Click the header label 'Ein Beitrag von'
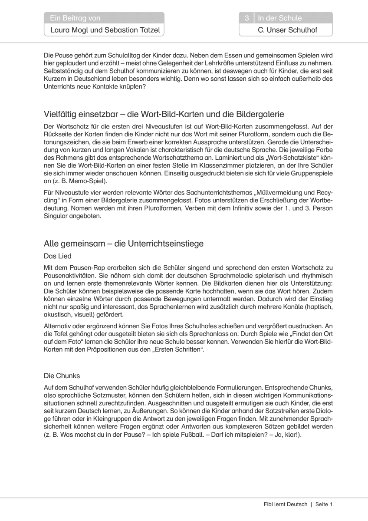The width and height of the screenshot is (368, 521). coord(75,18)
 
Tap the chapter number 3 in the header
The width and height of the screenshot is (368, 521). coord(246,18)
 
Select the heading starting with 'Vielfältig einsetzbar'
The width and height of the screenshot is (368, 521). coord(164,114)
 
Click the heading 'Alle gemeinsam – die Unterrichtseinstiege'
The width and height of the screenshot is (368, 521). coord(124,244)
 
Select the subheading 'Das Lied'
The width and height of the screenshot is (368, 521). coord(58,256)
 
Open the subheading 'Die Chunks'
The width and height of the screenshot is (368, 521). coord(62,375)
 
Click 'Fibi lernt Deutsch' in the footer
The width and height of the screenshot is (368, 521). coord(285,504)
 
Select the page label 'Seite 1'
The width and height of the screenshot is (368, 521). coord(324,504)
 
